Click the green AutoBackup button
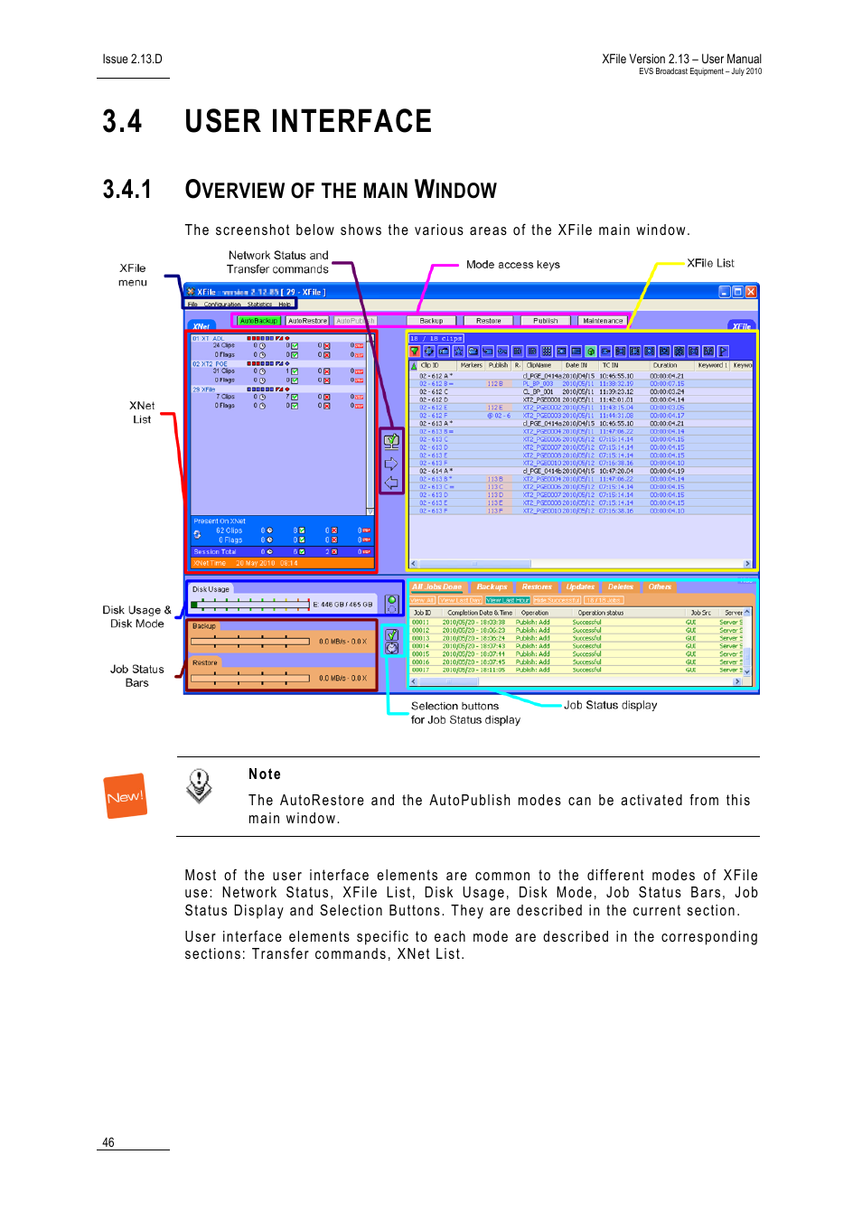click(258, 321)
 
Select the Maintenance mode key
click(603, 321)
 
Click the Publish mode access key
click(545, 321)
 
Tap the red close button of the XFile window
click(752, 292)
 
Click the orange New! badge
click(126, 796)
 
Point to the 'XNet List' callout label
click(142, 412)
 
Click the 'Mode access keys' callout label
click(512, 265)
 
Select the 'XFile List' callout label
click(710, 263)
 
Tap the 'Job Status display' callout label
click(610, 705)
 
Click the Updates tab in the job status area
click(580, 587)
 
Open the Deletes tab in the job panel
click(621, 587)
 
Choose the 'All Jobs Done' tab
click(436, 587)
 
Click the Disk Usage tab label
click(211, 589)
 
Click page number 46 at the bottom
click(108, 1142)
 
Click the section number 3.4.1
click(126, 190)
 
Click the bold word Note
click(265, 774)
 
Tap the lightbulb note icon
click(199, 785)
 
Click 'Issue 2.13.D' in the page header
click(132, 60)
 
